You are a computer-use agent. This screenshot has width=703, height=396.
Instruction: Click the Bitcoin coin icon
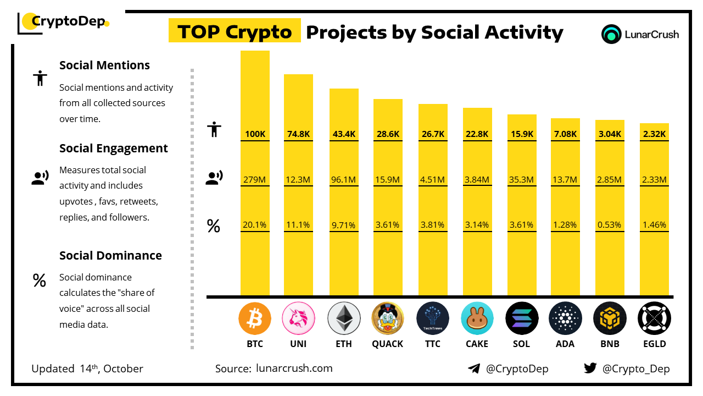(x=255, y=318)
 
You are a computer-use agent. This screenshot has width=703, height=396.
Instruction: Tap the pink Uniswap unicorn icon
(x=298, y=318)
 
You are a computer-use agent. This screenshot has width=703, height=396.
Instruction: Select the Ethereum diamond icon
(x=344, y=318)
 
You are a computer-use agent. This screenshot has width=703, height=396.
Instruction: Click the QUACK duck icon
(x=388, y=318)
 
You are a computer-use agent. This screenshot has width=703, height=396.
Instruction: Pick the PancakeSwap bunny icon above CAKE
(x=477, y=318)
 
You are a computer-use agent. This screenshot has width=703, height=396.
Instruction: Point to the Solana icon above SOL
(x=522, y=318)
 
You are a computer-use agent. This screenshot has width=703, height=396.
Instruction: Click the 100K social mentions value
(x=255, y=134)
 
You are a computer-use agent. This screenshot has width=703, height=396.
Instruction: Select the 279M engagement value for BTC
(x=255, y=179)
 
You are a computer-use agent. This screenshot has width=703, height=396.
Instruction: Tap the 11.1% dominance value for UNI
(x=298, y=224)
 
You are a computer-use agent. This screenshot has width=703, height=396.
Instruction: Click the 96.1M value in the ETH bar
(x=344, y=179)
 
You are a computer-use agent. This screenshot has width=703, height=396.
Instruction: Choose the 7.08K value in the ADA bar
(x=565, y=134)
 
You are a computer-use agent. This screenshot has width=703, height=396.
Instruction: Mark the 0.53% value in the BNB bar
(x=610, y=224)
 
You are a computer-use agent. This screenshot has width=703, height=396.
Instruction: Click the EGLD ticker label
(x=654, y=344)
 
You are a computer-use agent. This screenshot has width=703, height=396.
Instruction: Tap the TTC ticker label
(x=432, y=344)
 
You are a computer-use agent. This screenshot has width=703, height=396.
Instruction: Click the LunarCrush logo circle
(x=611, y=34)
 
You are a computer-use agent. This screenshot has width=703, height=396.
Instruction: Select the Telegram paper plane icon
(x=474, y=369)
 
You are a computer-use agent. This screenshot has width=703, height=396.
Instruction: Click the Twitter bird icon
(x=590, y=368)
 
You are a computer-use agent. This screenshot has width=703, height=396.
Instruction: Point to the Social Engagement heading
(x=114, y=148)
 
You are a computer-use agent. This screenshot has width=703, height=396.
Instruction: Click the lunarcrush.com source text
(x=294, y=369)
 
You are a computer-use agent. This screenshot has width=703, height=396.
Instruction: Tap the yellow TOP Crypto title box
(x=235, y=31)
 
